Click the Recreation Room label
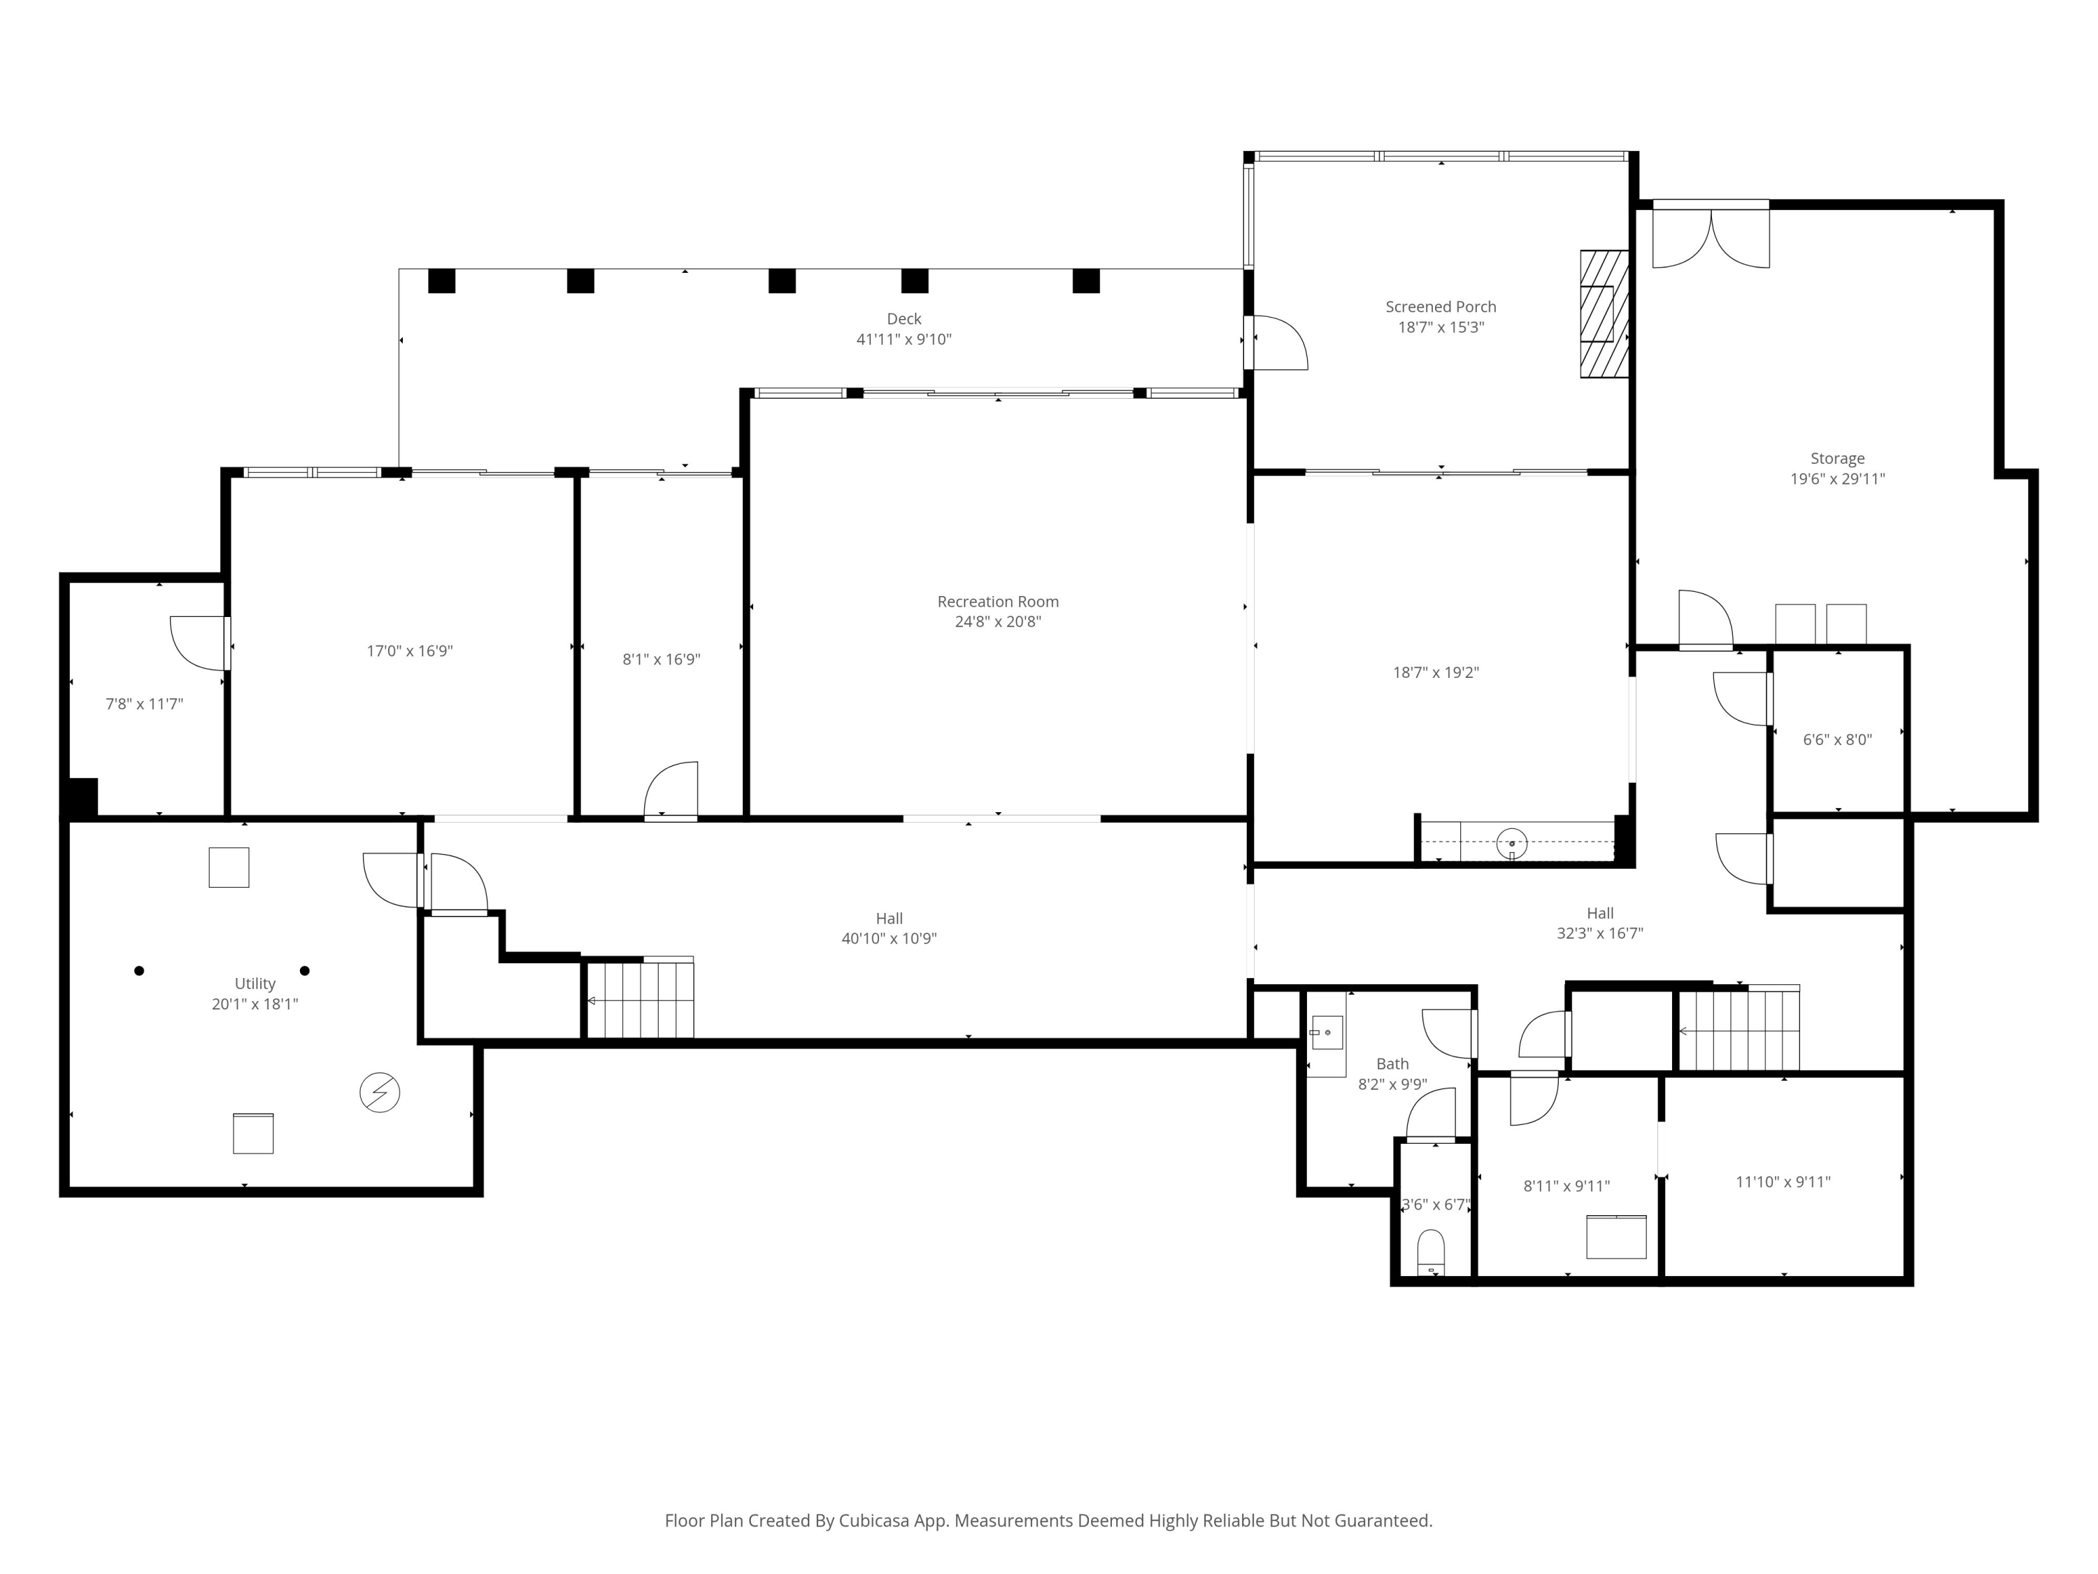click(x=998, y=602)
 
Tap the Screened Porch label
click(x=1441, y=306)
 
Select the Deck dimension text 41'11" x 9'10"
click(x=904, y=339)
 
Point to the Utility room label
click(x=255, y=984)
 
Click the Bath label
click(x=1392, y=1063)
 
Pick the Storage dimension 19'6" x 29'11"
click(x=1837, y=479)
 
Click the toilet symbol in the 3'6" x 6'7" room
click(x=1430, y=1254)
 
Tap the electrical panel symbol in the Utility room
click(x=379, y=1093)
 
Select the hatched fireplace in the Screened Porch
click(x=1604, y=313)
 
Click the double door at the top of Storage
click(x=1711, y=235)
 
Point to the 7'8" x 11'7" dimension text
click(x=144, y=704)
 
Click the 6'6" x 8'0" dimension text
click(x=1837, y=740)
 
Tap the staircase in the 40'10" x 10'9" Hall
click(x=639, y=998)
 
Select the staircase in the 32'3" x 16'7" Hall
click(x=1739, y=1028)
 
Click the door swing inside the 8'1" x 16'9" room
click(x=671, y=789)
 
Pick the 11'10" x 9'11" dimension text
click(x=1783, y=1182)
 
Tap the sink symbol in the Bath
click(x=1326, y=1033)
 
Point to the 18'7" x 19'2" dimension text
click(x=1436, y=673)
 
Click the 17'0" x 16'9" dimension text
click(x=410, y=651)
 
